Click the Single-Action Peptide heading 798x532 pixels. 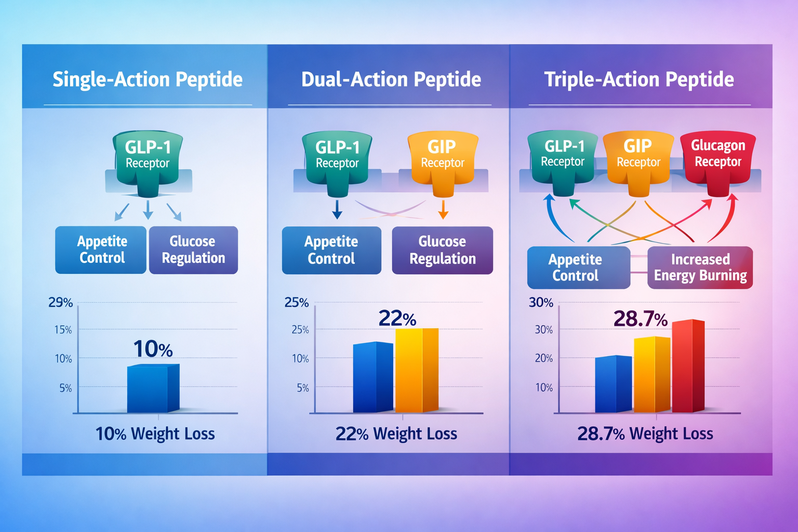(x=148, y=79)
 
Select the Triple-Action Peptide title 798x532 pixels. (x=639, y=79)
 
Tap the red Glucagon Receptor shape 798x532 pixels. (x=718, y=158)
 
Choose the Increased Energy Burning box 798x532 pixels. (x=700, y=268)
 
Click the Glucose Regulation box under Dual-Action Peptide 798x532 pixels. (x=442, y=250)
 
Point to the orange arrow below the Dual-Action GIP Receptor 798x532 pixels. (x=443, y=210)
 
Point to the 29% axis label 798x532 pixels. (x=61, y=302)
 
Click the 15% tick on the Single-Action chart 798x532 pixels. (x=63, y=330)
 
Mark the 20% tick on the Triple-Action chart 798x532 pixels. (x=544, y=358)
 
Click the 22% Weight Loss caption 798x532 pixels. (x=396, y=434)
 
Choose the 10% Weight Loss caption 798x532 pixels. (x=155, y=434)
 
